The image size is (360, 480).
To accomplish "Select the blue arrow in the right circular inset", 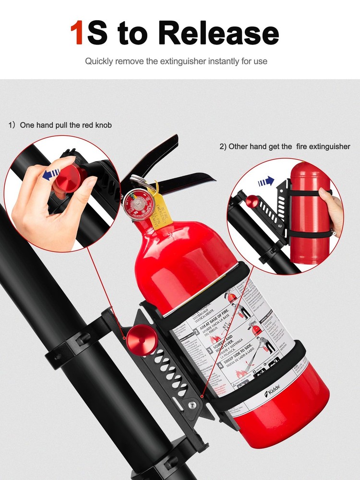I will (265, 182).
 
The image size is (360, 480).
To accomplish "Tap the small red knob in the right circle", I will (251, 201).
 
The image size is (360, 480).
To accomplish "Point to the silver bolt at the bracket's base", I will (192, 406).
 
